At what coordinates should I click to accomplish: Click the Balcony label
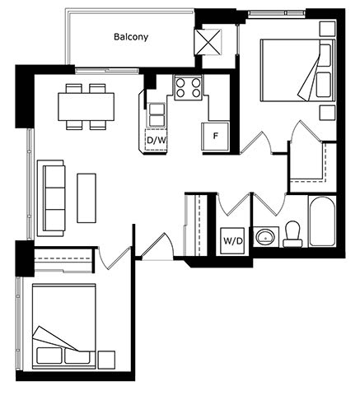point(131,37)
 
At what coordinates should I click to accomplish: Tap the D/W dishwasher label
point(157,140)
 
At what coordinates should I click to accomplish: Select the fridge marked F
point(215,137)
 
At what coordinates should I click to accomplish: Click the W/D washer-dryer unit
point(233,240)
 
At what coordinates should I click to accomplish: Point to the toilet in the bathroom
point(292,234)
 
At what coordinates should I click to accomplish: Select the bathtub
point(322,221)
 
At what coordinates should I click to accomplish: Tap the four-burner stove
point(188,87)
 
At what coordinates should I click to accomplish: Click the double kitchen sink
point(157,114)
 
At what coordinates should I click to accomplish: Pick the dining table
point(86,106)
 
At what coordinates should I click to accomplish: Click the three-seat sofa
point(51,198)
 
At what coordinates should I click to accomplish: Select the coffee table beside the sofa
point(86,197)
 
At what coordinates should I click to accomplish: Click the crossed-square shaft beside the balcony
point(208,42)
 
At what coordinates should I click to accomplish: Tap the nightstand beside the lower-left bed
point(106,360)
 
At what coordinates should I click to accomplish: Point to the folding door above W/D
point(233,204)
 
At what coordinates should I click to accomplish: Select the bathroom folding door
point(269,204)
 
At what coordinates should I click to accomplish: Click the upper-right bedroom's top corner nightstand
point(328,29)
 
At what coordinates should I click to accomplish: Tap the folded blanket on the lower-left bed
point(55,339)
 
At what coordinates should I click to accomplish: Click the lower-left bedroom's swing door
point(114,258)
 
